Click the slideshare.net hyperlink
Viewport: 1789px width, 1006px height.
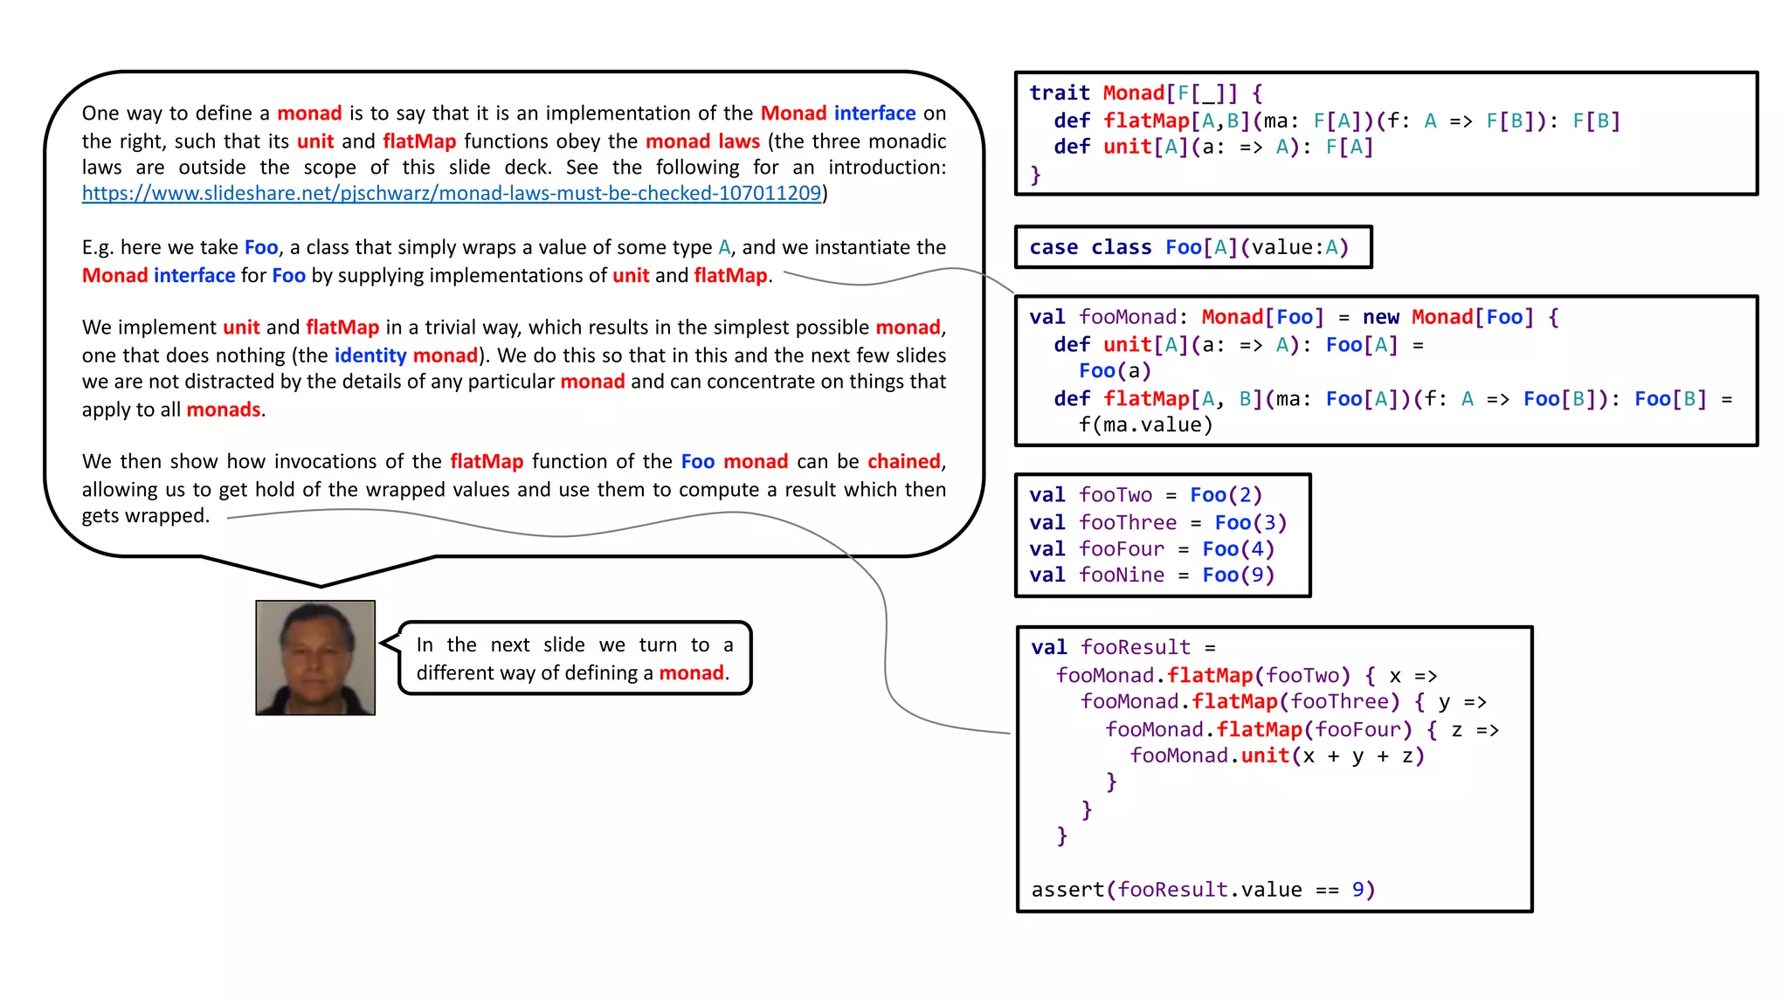pyautogui.click(x=452, y=193)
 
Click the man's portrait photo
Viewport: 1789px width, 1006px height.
pyautogui.click(x=315, y=658)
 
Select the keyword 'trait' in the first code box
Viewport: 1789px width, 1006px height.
pyautogui.click(x=1059, y=93)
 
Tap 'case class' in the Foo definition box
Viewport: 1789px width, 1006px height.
pyautogui.click(x=1090, y=247)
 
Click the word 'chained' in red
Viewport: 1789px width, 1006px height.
pyautogui.click(x=903, y=461)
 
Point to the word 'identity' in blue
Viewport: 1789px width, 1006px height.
pyautogui.click(x=370, y=355)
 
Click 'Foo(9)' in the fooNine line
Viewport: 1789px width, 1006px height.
pyautogui.click(x=1238, y=575)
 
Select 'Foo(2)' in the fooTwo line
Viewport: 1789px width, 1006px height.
pyautogui.click(x=1226, y=495)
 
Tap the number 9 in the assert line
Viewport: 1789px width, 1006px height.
pyautogui.click(x=1357, y=890)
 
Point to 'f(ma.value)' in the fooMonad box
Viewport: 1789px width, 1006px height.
pyautogui.click(x=1145, y=425)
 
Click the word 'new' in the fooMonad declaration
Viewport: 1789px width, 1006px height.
pyautogui.click(x=1380, y=317)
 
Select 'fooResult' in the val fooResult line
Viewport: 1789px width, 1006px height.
pyautogui.click(x=1135, y=647)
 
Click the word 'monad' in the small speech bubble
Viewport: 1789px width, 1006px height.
pyautogui.click(x=691, y=673)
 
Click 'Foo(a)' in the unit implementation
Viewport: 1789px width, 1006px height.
pyautogui.click(x=1115, y=371)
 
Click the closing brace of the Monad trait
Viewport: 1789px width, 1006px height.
pyautogui.click(x=1035, y=175)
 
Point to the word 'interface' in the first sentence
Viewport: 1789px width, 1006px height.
pyautogui.click(x=874, y=114)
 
